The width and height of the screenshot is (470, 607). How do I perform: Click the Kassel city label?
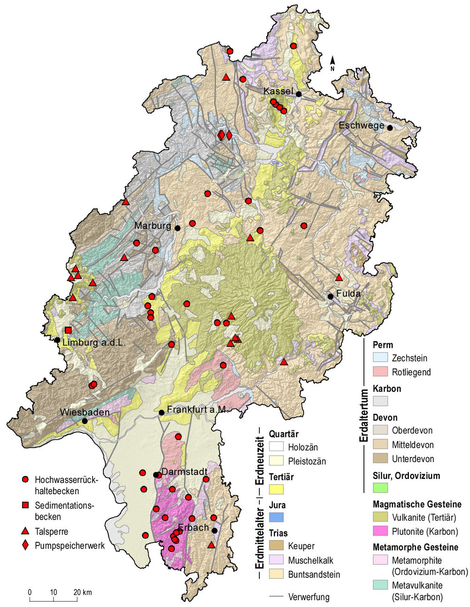pos(278,91)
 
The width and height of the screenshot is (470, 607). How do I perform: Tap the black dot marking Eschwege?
pos(390,127)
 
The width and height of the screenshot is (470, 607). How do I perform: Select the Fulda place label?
pos(348,294)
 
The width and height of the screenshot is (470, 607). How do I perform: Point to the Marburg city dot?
pos(178,228)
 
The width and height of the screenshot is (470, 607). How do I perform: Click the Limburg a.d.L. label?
pos(94,343)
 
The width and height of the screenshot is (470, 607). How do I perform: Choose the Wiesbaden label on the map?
pos(85,412)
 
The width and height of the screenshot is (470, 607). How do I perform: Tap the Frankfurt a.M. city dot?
pos(161,413)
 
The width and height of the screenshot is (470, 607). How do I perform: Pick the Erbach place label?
pos(193,528)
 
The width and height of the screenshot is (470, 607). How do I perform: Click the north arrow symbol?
pos(333,61)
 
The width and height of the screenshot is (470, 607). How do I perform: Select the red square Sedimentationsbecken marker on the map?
pos(69,330)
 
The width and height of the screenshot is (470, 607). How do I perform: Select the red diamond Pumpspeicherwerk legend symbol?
pos(26,546)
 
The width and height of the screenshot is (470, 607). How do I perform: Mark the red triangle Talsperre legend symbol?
pos(26,531)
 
